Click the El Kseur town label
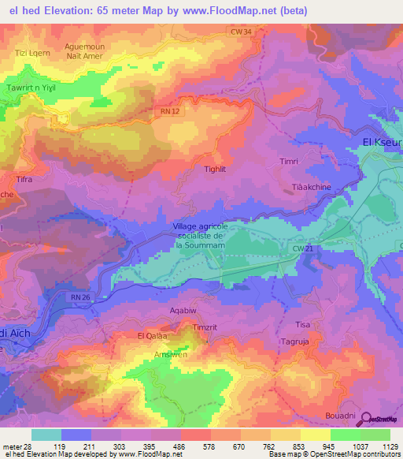[x=382, y=142]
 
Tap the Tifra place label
[x=24, y=180]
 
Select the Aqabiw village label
[x=183, y=312]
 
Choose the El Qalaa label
[x=153, y=336]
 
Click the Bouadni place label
[x=341, y=415]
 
